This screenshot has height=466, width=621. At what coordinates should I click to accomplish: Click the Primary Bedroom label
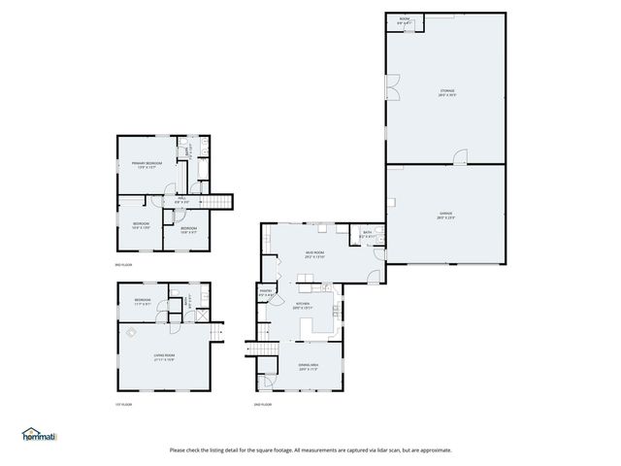(x=147, y=165)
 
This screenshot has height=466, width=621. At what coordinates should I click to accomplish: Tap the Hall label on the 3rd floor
(x=181, y=201)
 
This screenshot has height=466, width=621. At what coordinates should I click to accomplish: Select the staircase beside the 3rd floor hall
(x=223, y=201)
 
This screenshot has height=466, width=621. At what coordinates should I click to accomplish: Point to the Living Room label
(x=164, y=357)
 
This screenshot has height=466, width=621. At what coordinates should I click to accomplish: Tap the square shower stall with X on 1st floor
(x=201, y=315)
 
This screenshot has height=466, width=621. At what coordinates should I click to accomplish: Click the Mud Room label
(x=314, y=254)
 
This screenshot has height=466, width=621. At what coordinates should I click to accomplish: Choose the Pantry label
(x=265, y=292)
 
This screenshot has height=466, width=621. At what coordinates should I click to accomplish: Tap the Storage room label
(x=445, y=93)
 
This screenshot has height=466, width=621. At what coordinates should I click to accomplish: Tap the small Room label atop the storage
(x=405, y=19)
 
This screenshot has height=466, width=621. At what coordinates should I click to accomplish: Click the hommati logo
(x=39, y=435)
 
